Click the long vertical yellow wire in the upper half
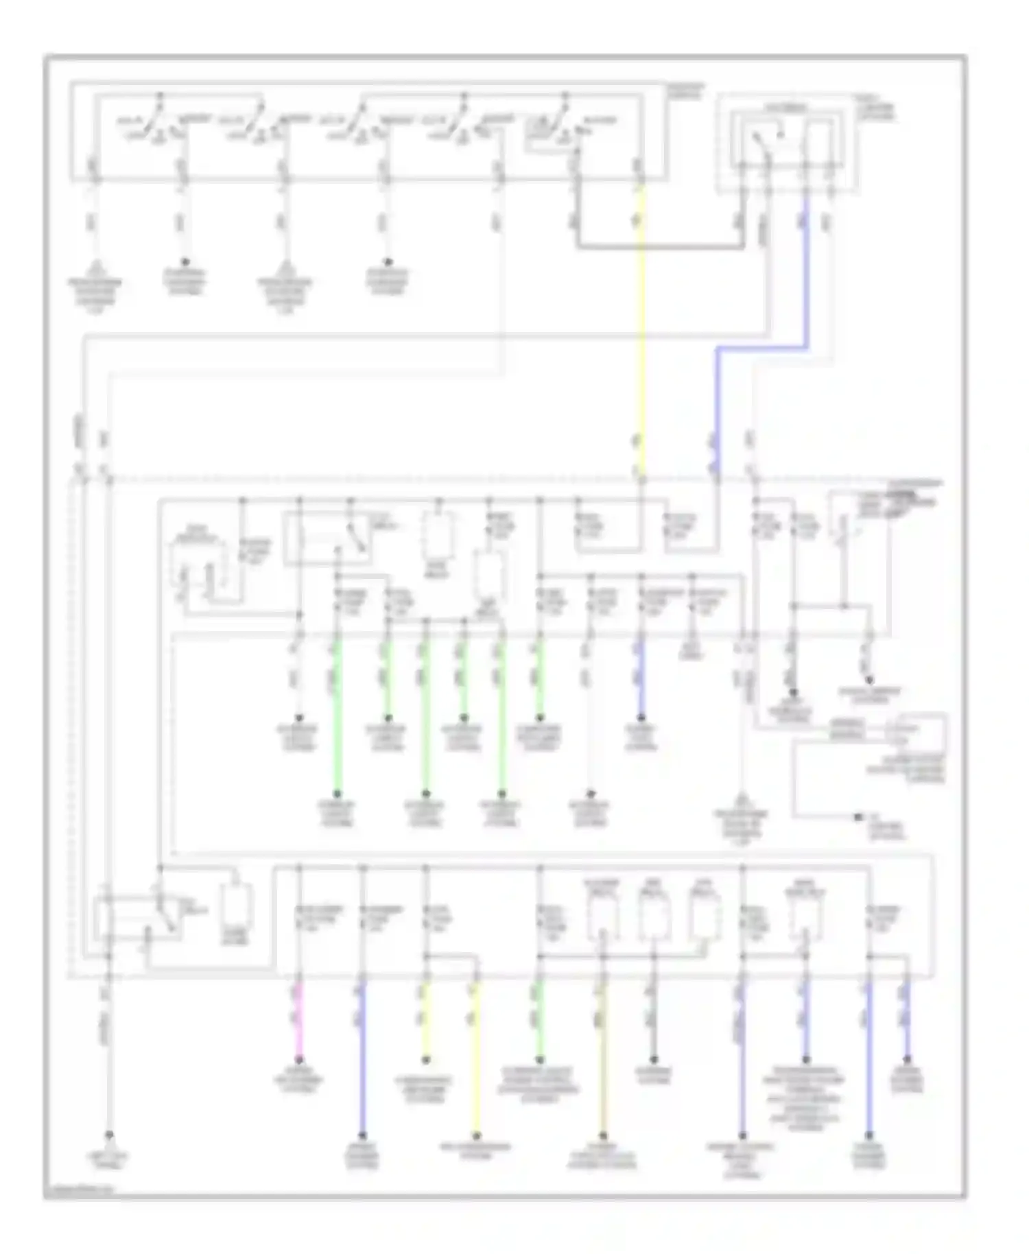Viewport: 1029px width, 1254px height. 641,329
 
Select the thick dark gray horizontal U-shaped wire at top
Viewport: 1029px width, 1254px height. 659,245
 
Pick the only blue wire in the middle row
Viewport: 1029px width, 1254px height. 641,679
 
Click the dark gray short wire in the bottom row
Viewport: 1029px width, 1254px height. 654,1022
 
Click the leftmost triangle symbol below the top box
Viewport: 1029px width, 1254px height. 95,268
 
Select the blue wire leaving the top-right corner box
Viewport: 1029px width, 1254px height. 804,274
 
